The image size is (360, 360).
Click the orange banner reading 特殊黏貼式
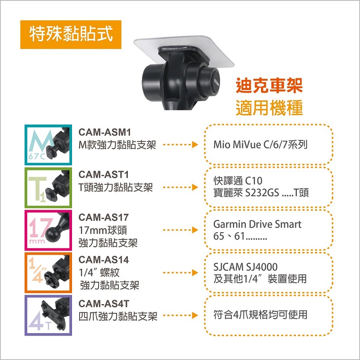[x=71, y=35]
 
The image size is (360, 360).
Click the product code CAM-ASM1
[x=105, y=132]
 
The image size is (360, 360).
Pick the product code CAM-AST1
[x=103, y=175]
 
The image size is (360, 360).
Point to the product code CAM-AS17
[x=103, y=217]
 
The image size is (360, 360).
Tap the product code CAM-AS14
[x=103, y=260]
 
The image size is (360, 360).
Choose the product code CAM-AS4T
[x=104, y=304]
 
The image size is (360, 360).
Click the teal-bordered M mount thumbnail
[x=48, y=145]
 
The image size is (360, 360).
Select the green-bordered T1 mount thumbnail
[x=48, y=188]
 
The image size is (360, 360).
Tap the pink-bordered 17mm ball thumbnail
[x=48, y=230]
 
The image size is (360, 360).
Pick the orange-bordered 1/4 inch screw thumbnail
[x=48, y=273]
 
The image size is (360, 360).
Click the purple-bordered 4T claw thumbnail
[x=48, y=315]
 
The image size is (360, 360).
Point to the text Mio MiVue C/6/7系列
[x=260, y=144]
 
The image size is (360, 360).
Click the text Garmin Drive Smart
[x=257, y=224]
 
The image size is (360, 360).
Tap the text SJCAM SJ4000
[x=245, y=267]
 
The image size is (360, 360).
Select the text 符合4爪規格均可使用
[x=260, y=315]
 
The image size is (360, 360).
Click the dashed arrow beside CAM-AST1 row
[x=180, y=187]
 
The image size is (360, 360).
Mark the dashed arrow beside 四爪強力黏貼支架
[x=180, y=315]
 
